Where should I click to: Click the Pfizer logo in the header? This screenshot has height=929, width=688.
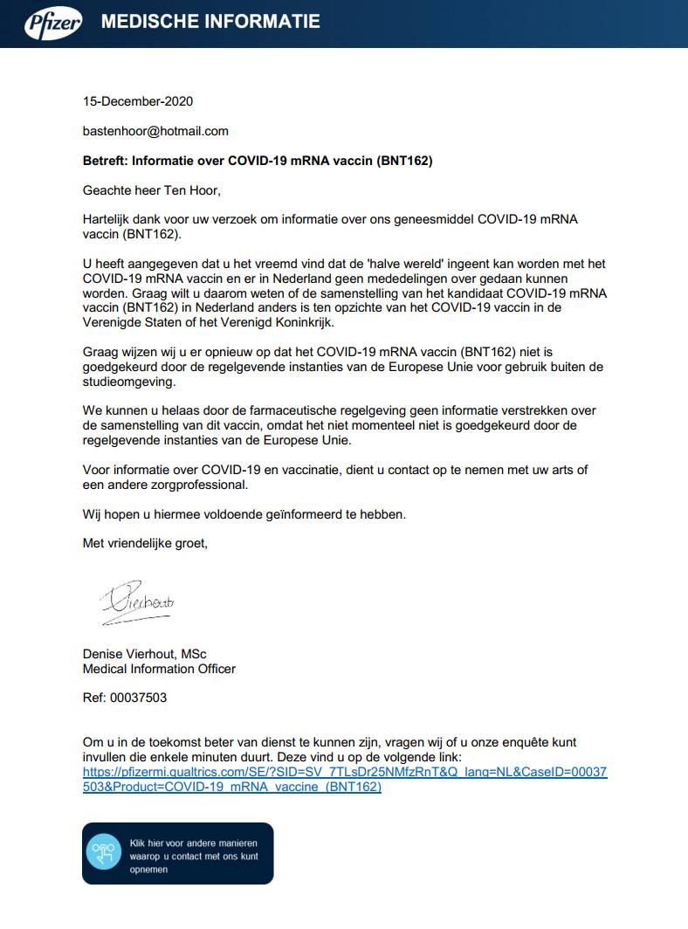tap(52, 23)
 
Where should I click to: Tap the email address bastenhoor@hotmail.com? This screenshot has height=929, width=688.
tap(155, 131)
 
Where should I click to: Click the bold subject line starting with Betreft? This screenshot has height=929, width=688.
tap(258, 161)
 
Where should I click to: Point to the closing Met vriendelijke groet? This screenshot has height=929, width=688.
tap(145, 543)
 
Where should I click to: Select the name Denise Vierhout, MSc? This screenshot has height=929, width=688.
tap(144, 654)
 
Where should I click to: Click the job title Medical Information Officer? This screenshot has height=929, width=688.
tap(159, 669)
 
